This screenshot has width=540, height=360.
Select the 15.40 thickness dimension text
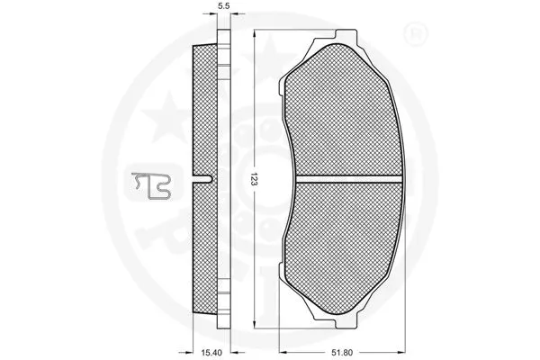click(x=212, y=352)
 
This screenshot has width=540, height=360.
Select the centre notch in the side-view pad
click(x=209, y=180)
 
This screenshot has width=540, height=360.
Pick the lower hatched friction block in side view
click(x=206, y=248)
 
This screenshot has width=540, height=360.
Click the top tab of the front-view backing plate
click(x=338, y=35)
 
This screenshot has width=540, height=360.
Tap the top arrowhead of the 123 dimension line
click(x=255, y=32)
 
